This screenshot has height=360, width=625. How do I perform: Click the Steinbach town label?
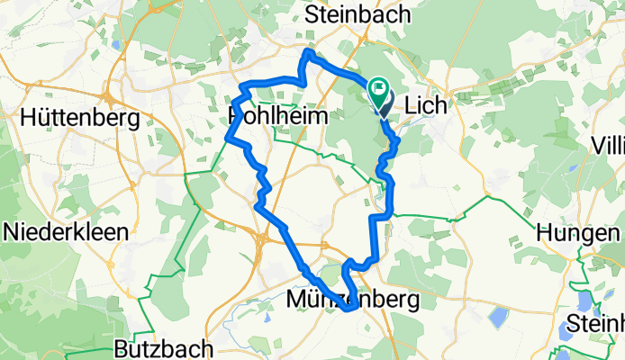pos(358,14)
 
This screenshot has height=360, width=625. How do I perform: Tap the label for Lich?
pos(427,105)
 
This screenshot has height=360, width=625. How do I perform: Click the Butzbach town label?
pos(164,348)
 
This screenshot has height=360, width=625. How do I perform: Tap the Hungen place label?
pos(577,231)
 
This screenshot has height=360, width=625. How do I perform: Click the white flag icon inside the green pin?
pos(379,89)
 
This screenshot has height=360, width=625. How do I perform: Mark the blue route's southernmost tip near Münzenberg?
pos(348,310)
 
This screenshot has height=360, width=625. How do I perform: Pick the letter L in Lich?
pos(412,105)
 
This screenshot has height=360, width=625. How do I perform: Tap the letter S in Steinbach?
pos(312,14)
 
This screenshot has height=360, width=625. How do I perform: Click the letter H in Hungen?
pos(544,231)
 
